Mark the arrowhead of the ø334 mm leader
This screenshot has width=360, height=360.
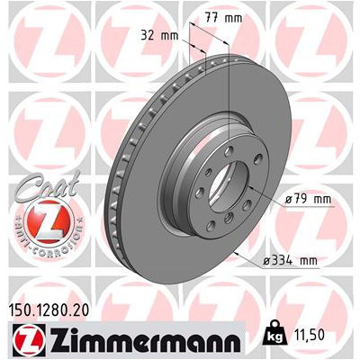(x=236, y=255)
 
